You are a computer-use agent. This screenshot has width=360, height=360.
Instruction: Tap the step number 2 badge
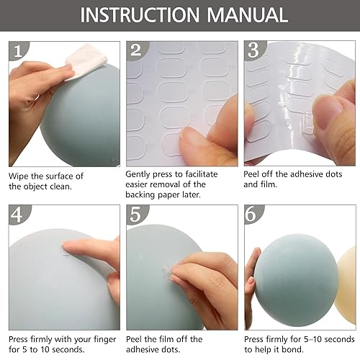point(135,50)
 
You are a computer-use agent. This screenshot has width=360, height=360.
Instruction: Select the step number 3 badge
point(253,50)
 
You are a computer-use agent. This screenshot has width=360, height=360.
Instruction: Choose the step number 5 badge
point(135,215)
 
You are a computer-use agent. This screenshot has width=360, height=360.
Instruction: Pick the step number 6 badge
point(253,215)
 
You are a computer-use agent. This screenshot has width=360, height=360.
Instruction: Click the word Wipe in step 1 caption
point(20,175)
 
